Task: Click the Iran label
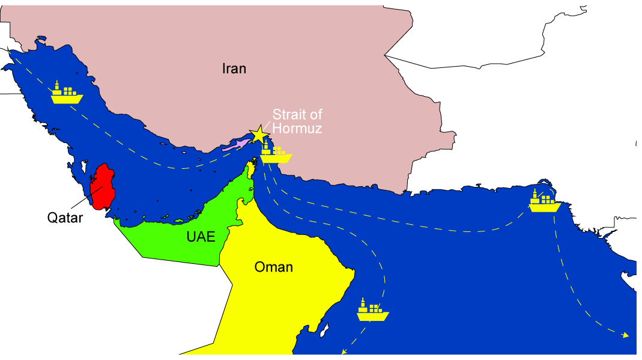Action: tap(234, 69)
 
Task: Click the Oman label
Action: tap(273, 267)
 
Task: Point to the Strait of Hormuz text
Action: tap(297, 121)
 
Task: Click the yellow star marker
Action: tap(259, 134)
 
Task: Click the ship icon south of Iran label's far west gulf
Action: tap(66, 93)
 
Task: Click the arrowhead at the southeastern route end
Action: tap(626, 335)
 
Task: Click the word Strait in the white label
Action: tap(289, 114)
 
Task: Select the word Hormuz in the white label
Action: tap(297, 128)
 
